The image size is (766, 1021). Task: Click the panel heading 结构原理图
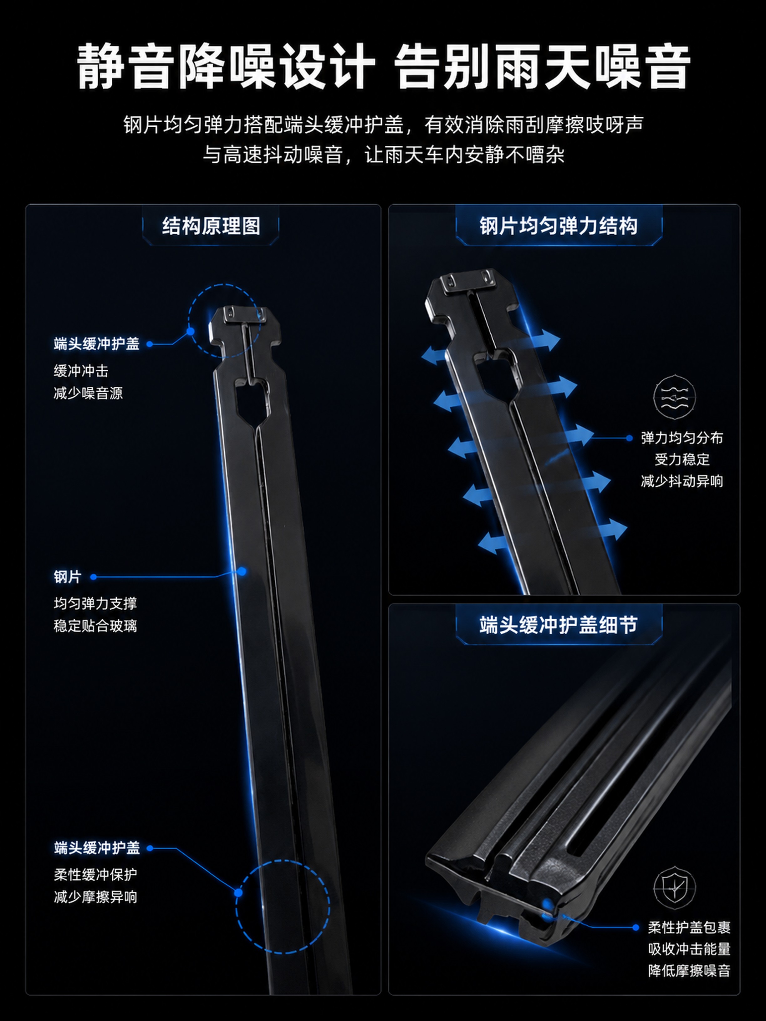tap(211, 226)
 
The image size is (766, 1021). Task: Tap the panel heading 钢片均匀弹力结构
tap(559, 226)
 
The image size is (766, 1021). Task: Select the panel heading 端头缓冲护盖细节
tap(559, 625)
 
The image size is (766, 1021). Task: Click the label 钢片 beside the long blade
tap(67, 577)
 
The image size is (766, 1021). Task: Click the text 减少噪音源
tap(88, 393)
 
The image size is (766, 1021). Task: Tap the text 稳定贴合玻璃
tap(95, 626)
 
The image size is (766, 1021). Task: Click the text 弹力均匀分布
tap(682, 438)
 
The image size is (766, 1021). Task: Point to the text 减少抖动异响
tap(682, 481)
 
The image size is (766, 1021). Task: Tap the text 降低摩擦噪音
tap(689, 970)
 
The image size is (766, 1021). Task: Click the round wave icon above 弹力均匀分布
tap(675, 397)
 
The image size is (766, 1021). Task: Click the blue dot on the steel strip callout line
tap(242, 571)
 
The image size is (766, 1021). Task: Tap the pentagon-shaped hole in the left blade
tap(252, 400)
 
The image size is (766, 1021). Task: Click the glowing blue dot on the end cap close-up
tap(547, 904)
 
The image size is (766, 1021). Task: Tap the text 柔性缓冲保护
tap(95, 874)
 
